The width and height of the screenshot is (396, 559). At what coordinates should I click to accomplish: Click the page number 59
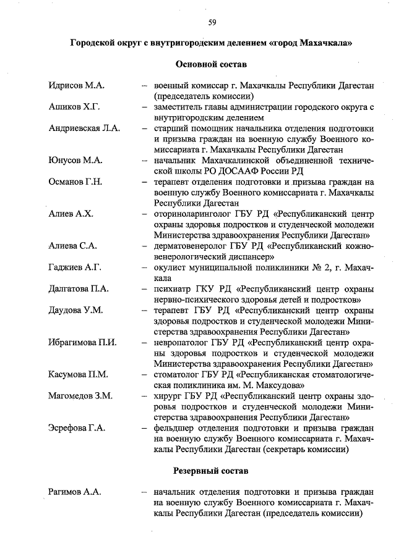click(x=212, y=23)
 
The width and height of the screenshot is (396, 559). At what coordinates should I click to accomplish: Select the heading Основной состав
click(x=211, y=64)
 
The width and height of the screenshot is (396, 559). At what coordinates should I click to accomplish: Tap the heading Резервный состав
click(x=211, y=471)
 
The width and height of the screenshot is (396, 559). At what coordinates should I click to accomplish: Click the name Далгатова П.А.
click(x=79, y=288)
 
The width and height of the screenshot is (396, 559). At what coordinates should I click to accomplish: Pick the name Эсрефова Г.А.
click(x=77, y=427)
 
